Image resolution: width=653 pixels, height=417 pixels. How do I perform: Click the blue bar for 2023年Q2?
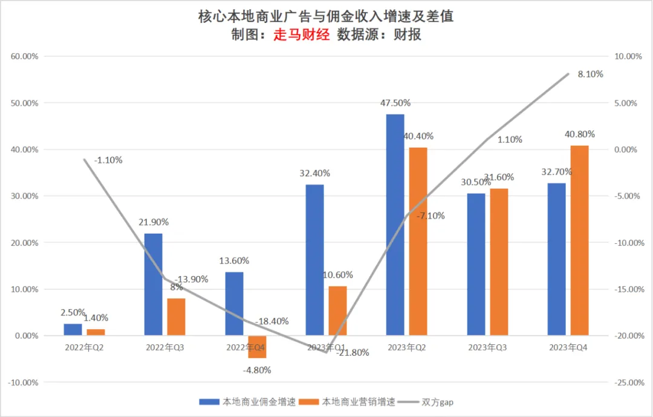395,225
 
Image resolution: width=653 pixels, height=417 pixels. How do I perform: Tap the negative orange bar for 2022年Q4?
257,347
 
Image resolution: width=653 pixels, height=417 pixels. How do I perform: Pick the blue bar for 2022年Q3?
154,284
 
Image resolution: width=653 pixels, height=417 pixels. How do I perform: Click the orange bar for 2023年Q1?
338,310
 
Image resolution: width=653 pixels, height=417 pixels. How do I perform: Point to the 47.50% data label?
395,103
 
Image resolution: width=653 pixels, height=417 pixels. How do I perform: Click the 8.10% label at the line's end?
590,74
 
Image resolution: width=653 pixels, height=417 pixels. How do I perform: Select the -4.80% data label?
257,370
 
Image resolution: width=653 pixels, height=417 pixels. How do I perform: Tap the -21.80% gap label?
352,353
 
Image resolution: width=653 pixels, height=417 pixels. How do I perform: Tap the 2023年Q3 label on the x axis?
487,348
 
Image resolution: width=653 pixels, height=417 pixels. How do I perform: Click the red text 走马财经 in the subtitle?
301,34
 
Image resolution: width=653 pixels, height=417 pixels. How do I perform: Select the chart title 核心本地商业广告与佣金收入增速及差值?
326,16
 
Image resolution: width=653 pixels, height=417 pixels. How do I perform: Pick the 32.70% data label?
556,172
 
